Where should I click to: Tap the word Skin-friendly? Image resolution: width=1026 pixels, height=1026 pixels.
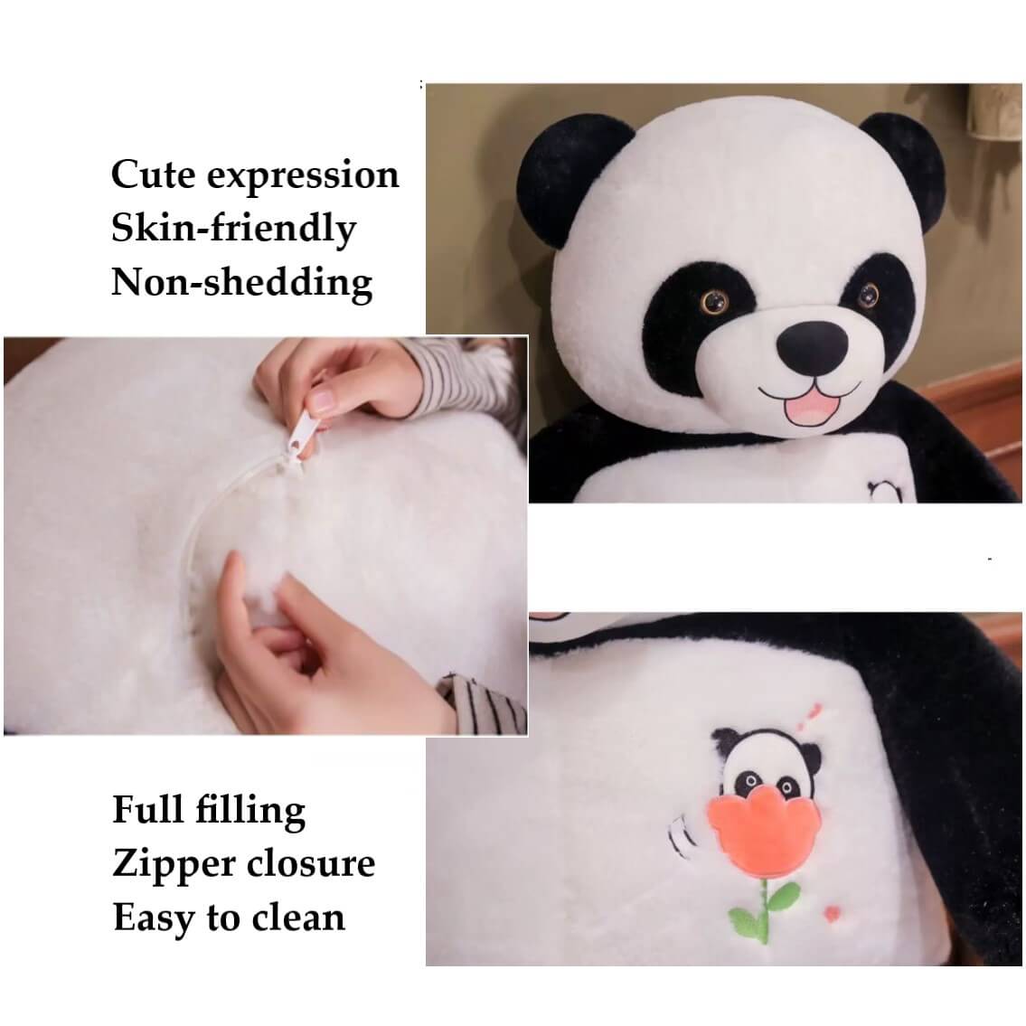(x=233, y=229)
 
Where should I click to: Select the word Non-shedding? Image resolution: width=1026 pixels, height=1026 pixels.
(x=241, y=282)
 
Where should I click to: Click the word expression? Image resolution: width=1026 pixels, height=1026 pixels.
(x=303, y=176)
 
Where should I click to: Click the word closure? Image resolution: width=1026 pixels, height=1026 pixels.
(x=306, y=863)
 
